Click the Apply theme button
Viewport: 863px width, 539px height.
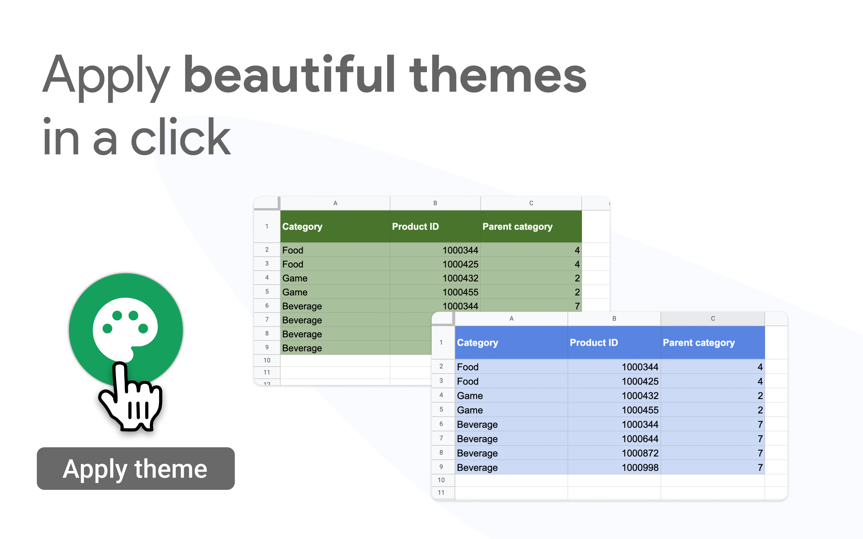[x=135, y=468]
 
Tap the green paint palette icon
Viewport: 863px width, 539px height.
[x=126, y=330]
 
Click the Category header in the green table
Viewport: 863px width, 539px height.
[x=302, y=227]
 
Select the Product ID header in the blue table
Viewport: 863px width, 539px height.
[x=594, y=343]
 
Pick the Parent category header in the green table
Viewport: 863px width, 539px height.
[x=518, y=227]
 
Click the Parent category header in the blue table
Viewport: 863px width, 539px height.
[x=699, y=343]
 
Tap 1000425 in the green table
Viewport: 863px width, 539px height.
[x=460, y=264]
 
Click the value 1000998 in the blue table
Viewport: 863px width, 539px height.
[x=640, y=467]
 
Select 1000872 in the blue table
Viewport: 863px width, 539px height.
[x=640, y=453]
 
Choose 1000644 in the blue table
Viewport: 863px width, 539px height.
[x=640, y=439]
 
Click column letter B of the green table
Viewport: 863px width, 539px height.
[x=435, y=203]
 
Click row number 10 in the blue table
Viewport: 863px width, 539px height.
[x=441, y=480]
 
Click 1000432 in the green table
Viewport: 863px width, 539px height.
[x=460, y=278]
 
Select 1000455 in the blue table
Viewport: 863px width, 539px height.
[x=640, y=410]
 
